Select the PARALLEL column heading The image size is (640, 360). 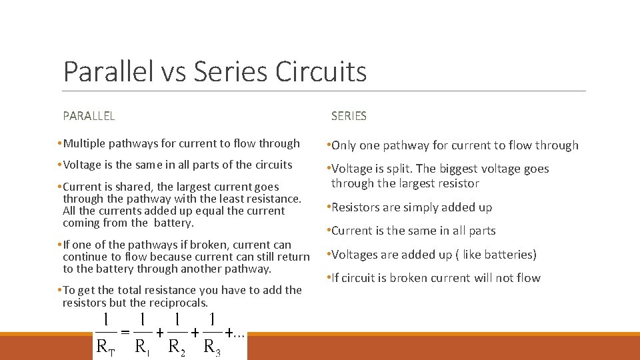[x=89, y=116]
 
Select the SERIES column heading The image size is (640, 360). [x=349, y=116]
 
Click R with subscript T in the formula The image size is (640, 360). [x=105, y=346]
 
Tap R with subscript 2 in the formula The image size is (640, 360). [x=177, y=346]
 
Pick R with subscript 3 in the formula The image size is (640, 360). [x=212, y=346]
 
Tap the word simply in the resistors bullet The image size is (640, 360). [x=416, y=207]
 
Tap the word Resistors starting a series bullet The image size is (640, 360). [x=357, y=207]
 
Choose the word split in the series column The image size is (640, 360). [x=415, y=169]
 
